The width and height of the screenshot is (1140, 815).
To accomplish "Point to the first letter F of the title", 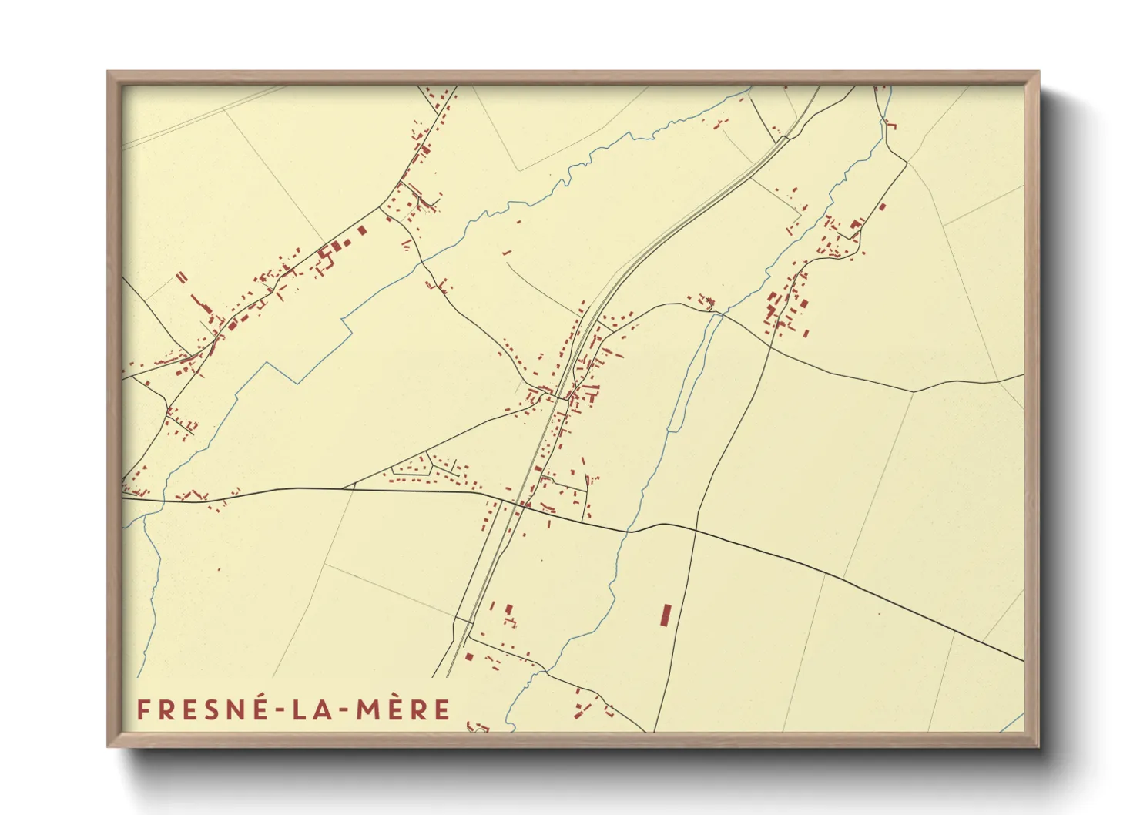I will pos(143,709).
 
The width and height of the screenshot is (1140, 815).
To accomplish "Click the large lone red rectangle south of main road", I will pos(666,615).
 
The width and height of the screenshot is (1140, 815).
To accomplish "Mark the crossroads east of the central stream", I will pos(696,530).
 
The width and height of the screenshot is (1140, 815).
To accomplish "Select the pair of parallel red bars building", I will pos(182,277).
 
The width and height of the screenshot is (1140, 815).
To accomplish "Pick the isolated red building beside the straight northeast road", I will pos(883,206).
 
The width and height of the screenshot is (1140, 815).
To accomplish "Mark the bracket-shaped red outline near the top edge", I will pos(893,125).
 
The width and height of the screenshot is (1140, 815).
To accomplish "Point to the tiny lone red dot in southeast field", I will pos(878,614).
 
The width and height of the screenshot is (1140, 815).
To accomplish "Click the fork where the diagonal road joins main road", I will pos(343,488).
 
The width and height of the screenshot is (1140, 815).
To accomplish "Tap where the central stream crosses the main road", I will pos(630,531).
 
